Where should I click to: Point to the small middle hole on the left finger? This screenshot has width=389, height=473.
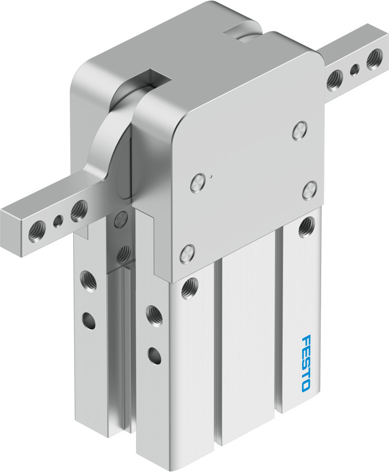[58, 221]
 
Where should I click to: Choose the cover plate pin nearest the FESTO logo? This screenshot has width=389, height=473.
[309, 191]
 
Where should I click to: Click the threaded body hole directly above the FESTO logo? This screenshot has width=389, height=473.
[305, 226]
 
